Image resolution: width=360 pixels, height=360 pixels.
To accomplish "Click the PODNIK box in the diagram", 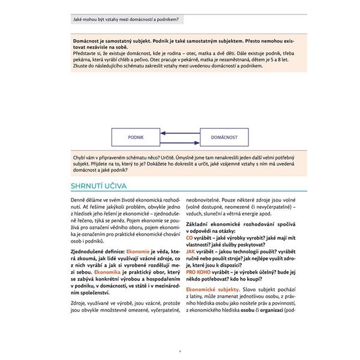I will click(136, 137).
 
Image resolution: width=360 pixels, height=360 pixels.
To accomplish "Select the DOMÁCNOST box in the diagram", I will click(224, 137).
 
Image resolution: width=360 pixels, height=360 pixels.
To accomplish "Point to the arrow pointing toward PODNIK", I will click(180, 133).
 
